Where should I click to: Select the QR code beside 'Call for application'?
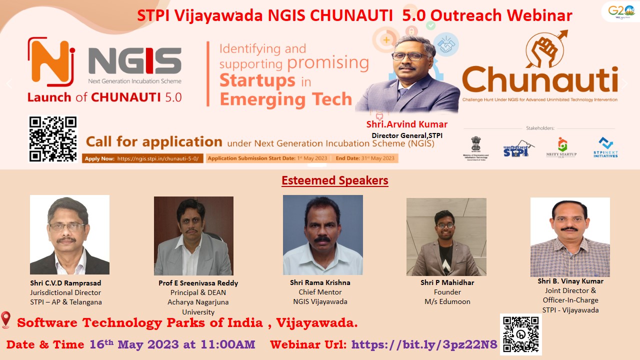click(53, 139)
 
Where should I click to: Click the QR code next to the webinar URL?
click(520, 334)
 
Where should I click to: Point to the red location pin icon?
click(6, 320)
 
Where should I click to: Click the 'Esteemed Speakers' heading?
click(335, 180)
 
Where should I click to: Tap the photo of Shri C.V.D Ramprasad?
click(69, 234)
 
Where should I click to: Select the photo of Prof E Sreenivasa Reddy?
click(193, 235)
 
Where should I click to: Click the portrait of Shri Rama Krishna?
click(322, 234)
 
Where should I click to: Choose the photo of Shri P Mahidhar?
click(446, 237)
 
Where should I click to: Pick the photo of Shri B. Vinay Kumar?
click(570, 237)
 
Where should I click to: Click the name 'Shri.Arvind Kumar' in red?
click(406, 124)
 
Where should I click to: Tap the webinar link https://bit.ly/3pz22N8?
click(424, 344)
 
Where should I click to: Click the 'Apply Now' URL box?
click(143, 158)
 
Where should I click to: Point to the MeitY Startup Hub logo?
click(561, 147)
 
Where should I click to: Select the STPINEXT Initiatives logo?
click(605, 147)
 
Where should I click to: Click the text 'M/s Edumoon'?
click(447, 301)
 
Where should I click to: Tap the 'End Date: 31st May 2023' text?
click(365, 158)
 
